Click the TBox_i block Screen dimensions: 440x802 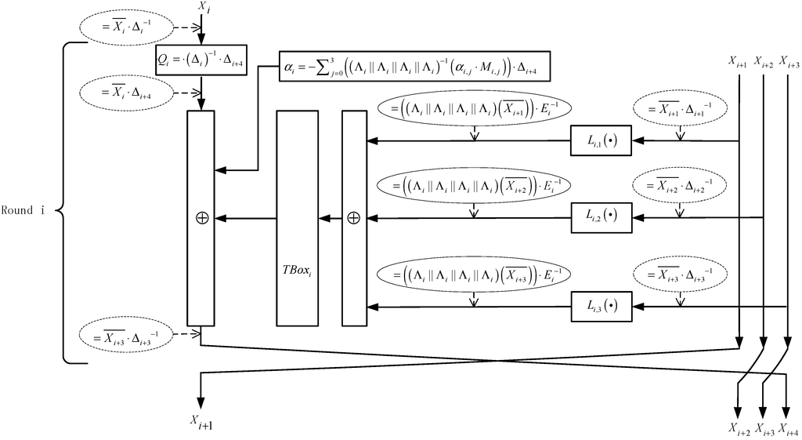[298, 218]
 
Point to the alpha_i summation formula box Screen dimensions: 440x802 [414, 68]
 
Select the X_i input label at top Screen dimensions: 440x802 [203, 7]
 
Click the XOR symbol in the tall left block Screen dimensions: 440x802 [200, 218]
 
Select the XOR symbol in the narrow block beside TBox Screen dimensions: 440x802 [353, 218]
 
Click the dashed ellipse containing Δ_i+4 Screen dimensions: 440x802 [129, 92]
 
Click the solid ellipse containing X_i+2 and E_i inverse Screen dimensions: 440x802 [473, 187]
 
